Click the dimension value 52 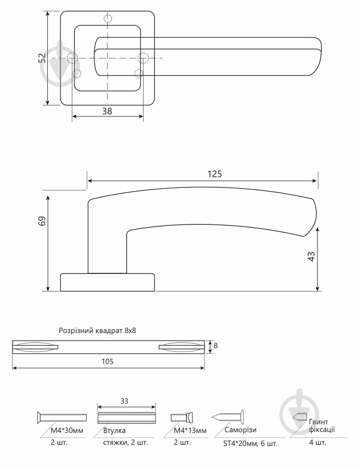click(x=42, y=58)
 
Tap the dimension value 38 click(x=107, y=111)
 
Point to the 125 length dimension click(x=215, y=174)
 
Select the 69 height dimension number click(x=42, y=221)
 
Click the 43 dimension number click(x=312, y=256)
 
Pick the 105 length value click(x=107, y=361)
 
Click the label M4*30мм click(x=67, y=431)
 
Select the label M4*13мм click(x=190, y=431)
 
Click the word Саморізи click(x=240, y=430)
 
